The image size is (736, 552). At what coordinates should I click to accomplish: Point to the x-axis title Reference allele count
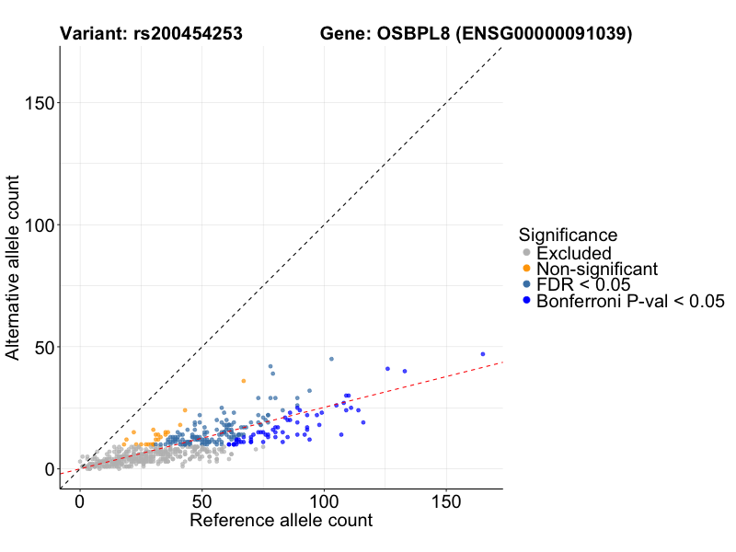click(281, 521)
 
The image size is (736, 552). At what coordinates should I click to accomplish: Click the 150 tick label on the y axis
click(36, 103)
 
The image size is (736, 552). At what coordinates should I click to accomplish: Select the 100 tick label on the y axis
click(36, 225)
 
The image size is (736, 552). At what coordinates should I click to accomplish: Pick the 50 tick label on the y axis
click(41, 348)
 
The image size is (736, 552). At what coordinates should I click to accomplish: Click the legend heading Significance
click(568, 235)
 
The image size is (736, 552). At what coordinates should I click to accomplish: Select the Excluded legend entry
click(574, 253)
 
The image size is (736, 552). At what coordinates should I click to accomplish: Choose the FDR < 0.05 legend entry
click(583, 285)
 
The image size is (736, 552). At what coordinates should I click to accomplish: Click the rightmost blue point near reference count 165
click(482, 353)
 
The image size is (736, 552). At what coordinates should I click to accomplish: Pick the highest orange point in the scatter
click(244, 381)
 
